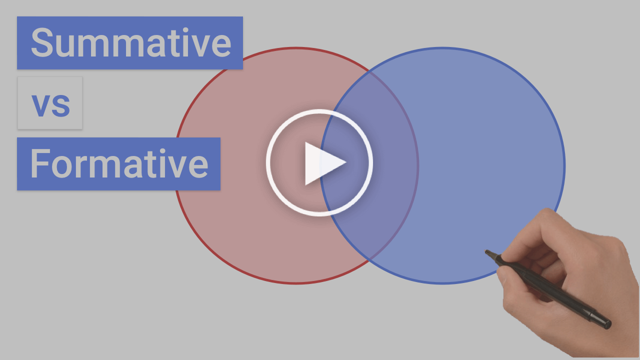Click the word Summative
pos(131,43)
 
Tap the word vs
pos(50,105)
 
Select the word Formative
pos(119,163)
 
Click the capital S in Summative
pos(42,42)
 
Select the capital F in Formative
pos(39,163)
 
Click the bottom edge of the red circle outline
pos(296,283)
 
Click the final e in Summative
pos(221,46)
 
